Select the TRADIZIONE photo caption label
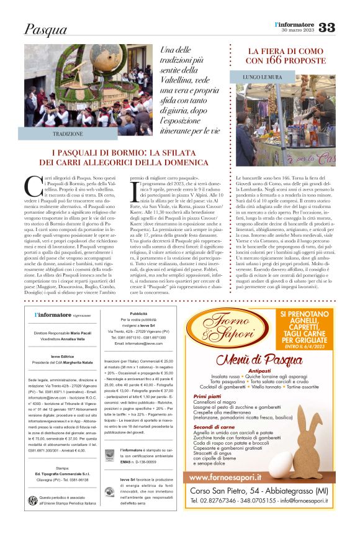68,134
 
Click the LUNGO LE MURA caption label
264,78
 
